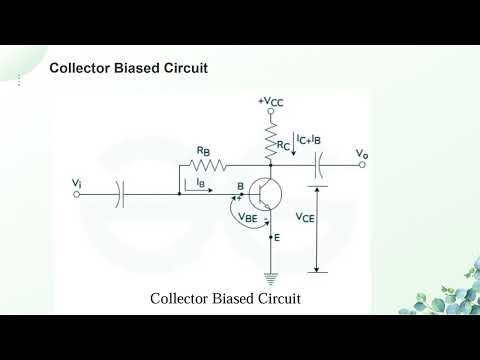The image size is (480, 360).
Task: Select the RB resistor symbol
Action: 206,165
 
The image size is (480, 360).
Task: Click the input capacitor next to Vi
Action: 120,194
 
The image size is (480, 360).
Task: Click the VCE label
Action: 307,216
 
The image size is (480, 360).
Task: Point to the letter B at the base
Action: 240,186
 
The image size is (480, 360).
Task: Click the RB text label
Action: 203,151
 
